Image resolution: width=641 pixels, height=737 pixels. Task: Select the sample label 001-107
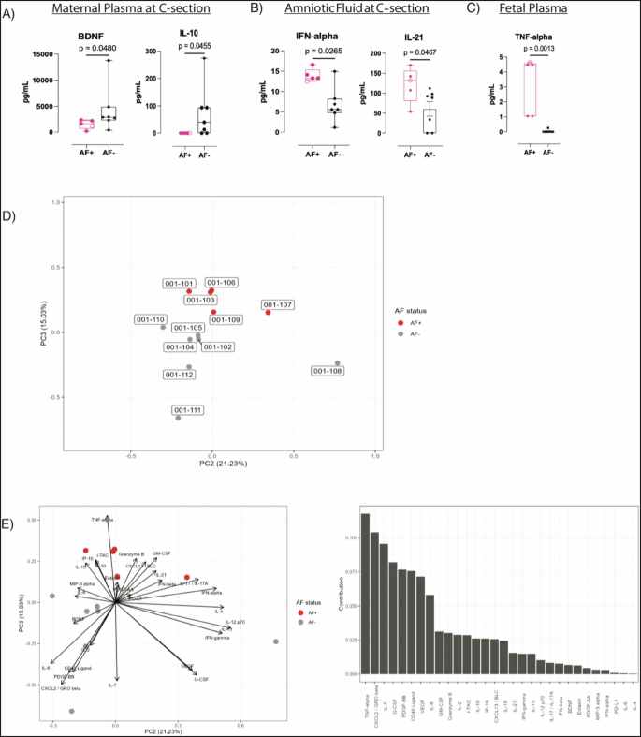tap(278, 304)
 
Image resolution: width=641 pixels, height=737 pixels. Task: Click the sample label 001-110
tap(151, 319)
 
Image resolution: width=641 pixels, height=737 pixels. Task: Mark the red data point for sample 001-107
tap(268, 312)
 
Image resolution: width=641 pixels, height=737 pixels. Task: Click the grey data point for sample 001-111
tap(178, 418)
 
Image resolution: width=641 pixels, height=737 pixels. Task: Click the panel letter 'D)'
tap(8, 216)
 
